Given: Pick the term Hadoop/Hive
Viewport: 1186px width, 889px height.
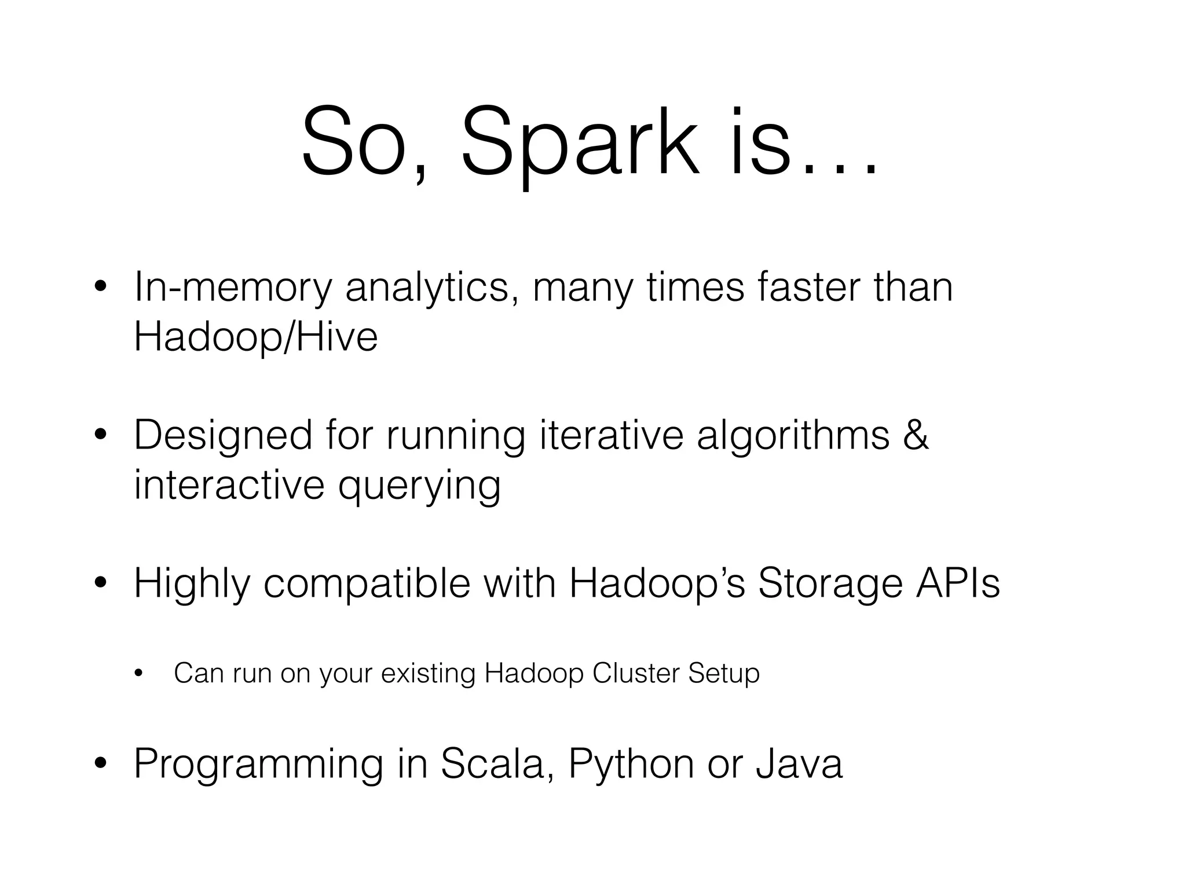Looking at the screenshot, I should coord(255,336).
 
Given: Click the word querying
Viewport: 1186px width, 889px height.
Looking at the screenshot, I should coord(419,487).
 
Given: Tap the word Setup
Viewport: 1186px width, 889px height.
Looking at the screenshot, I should coord(723,674).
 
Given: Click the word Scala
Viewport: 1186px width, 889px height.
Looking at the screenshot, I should coord(493,765).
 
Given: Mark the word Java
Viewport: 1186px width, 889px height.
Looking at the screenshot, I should coord(799,764).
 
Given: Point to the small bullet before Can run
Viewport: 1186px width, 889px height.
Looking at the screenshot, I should coord(138,673).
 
